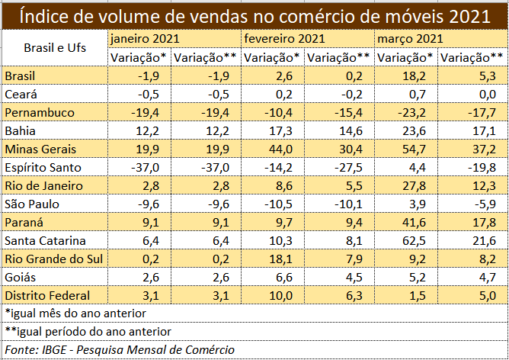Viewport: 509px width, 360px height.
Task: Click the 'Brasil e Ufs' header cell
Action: pos(55,47)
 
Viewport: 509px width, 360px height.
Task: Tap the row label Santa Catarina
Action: pos(43,240)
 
